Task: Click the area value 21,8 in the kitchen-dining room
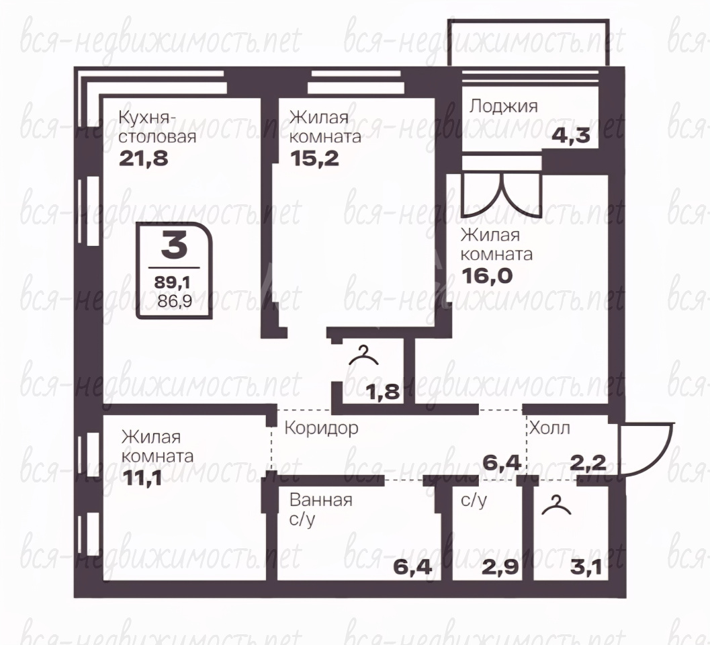point(144,159)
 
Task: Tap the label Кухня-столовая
point(157,127)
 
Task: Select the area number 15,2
point(314,159)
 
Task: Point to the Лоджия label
point(504,107)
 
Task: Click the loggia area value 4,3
point(570,135)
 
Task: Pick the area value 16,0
point(487,275)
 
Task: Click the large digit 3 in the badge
point(175,246)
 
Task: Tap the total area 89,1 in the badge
point(173,283)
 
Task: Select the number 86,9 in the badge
point(175,301)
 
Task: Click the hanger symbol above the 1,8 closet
point(363,356)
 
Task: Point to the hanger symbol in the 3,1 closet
point(556,506)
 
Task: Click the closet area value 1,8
point(384,392)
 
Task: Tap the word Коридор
point(322,428)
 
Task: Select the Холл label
point(549,428)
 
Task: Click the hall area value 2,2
point(588,463)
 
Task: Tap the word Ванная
point(321,501)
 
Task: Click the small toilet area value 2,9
point(500,567)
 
